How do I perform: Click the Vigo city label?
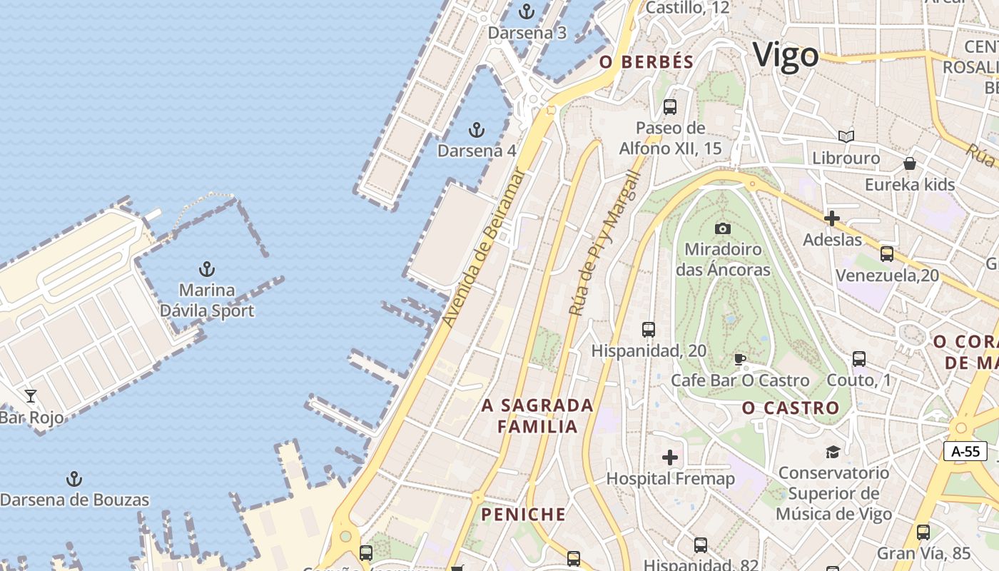(786, 56)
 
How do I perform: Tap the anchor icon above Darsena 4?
(476, 130)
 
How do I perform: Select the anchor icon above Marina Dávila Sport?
(206, 269)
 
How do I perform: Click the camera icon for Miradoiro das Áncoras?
(723, 228)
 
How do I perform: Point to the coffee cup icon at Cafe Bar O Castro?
(740, 359)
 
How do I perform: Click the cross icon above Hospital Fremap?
(670, 457)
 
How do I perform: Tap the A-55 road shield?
(965, 451)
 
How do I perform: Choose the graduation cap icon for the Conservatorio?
(833, 451)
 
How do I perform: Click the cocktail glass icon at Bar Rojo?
(31, 395)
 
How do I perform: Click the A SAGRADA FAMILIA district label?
(538, 416)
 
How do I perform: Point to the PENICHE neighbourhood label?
(523, 515)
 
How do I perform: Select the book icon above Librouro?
(846, 136)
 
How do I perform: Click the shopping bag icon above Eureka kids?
(910, 163)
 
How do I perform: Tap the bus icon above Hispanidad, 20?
(649, 329)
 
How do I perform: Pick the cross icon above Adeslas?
(832, 218)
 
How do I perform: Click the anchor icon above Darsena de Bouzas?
(74, 478)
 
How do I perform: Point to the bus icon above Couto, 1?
(859, 359)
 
